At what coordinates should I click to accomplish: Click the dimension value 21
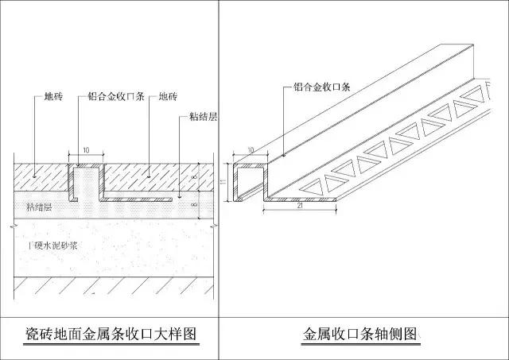pyautogui.click(x=298, y=209)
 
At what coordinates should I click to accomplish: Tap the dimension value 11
pyautogui.click(x=224, y=182)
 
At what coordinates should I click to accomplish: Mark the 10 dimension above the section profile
pyautogui.click(x=84, y=149)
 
